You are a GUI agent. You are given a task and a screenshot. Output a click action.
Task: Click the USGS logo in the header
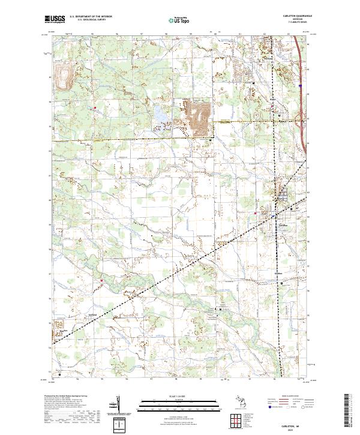55,19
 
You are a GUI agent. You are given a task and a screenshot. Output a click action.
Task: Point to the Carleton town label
284,224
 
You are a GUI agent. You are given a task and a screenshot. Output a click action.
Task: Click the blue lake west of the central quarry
160,113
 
